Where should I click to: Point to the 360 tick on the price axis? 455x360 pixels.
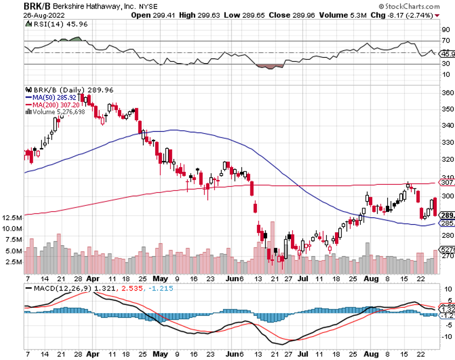[x=446, y=93]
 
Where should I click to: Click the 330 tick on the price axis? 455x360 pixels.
[x=446, y=143]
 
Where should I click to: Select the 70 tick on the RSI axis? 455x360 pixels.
[x=445, y=41]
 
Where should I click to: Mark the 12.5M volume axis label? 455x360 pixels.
[x=12, y=218]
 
